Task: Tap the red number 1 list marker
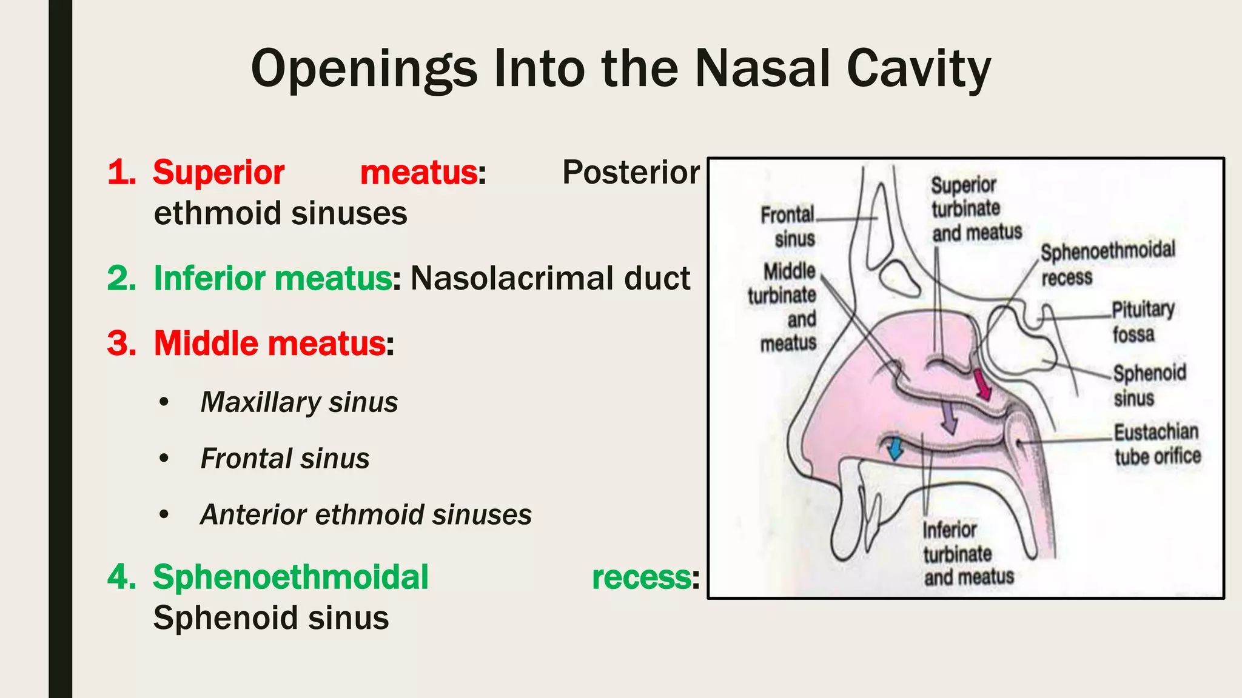[x=121, y=173]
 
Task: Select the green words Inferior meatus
[x=272, y=279]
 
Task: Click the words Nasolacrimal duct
[x=550, y=279]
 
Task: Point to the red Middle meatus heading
[x=269, y=344]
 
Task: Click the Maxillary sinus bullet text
[x=299, y=402]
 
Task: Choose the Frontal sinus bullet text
[x=284, y=459]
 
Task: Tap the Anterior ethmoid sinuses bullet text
[x=366, y=515]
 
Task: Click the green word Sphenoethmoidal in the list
[x=290, y=577]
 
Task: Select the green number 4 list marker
[x=121, y=577]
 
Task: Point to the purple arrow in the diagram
[x=948, y=417]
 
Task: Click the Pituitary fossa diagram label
[x=1143, y=322]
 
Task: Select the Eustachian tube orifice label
[x=1157, y=444]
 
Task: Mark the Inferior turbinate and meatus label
[x=967, y=554]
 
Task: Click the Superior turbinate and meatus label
[x=976, y=209]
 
